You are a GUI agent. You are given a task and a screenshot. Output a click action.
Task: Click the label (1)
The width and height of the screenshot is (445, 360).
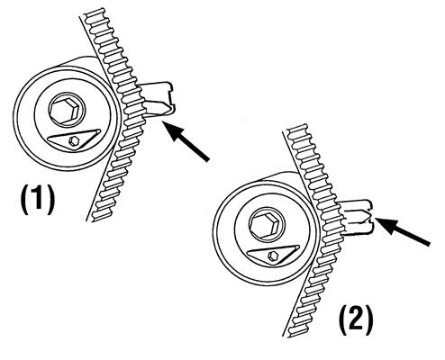point(38,200)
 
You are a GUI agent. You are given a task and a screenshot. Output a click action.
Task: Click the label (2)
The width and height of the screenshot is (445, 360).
point(356,321)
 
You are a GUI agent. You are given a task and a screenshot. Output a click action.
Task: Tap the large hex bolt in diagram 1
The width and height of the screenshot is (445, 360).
point(66,110)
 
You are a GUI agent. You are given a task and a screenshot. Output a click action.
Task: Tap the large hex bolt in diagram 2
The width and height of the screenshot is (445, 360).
point(266,225)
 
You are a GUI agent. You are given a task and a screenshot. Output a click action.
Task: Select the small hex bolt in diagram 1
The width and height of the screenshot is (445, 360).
point(74,140)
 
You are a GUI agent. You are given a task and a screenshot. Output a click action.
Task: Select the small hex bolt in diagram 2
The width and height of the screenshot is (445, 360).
point(274,256)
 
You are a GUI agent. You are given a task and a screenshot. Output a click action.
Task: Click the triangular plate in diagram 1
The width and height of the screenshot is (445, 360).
point(74,139)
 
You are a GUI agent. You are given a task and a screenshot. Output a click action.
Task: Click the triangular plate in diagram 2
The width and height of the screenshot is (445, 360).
point(273,255)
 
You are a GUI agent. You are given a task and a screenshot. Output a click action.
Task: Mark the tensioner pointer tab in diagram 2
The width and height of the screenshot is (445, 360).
point(358,217)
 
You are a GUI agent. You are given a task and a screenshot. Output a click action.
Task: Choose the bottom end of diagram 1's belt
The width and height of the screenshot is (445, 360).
point(95,220)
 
